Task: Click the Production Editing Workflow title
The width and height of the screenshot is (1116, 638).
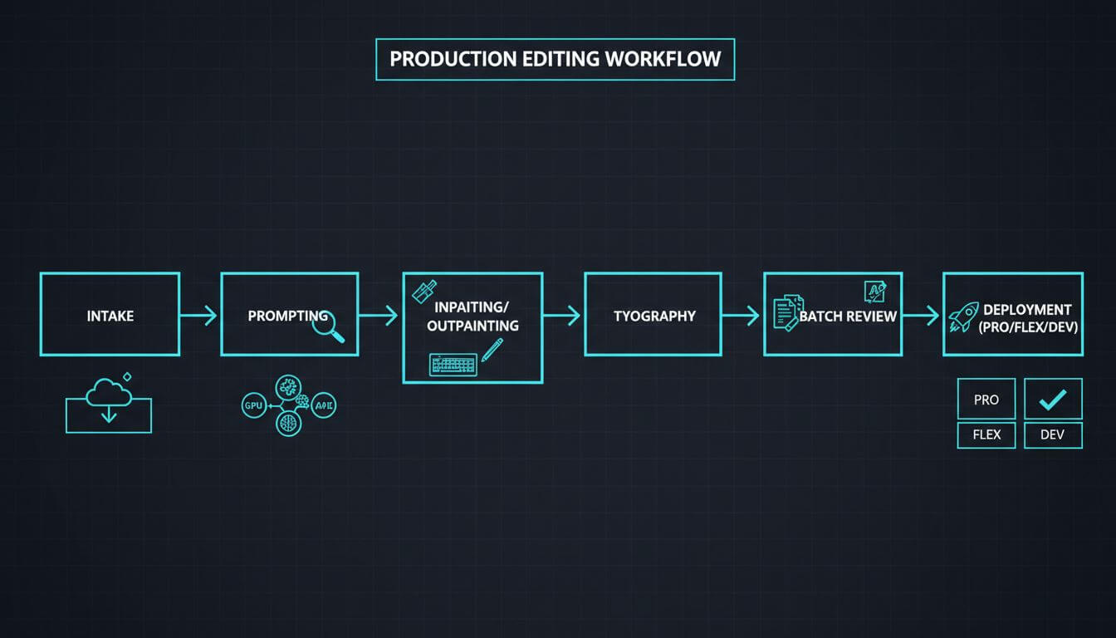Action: [x=555, y=60]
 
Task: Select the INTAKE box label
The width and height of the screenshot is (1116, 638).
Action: [x=110, y=316]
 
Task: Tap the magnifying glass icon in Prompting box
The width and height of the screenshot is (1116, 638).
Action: [x=328, y=326]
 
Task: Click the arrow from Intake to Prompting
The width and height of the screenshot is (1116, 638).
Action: [x=199, y=315]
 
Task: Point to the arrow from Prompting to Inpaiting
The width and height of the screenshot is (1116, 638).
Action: [x=379, y=315]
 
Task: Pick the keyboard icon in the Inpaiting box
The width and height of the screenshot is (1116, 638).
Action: [x=453, y=364]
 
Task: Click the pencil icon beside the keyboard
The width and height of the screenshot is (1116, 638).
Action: [x=492, y=350]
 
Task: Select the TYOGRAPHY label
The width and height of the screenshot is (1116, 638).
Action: [x=654, y=316]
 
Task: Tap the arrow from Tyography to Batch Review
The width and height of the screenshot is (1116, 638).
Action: [x=742, y=315]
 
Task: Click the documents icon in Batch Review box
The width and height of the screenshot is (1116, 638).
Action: [x=787, y=313]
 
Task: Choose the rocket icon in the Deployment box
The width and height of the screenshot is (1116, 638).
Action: [x=963, y=316]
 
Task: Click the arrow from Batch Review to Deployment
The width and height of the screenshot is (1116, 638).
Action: [x=922, y=315]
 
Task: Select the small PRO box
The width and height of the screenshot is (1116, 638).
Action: [x=986, y=400]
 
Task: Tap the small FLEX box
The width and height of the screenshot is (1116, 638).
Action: [x=986, y=434]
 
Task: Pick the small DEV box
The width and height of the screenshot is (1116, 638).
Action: [x=1053, y=434]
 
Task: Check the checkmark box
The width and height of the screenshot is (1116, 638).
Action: [x=1053, y=400]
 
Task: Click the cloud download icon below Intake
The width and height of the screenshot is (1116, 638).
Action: [x=109, y=403]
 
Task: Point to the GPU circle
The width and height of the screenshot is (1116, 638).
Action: [x=252, y=406]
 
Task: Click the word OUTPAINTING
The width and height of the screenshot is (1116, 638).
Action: [x=472, y=326]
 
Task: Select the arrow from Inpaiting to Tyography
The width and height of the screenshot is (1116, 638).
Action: [x=562, y=315]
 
